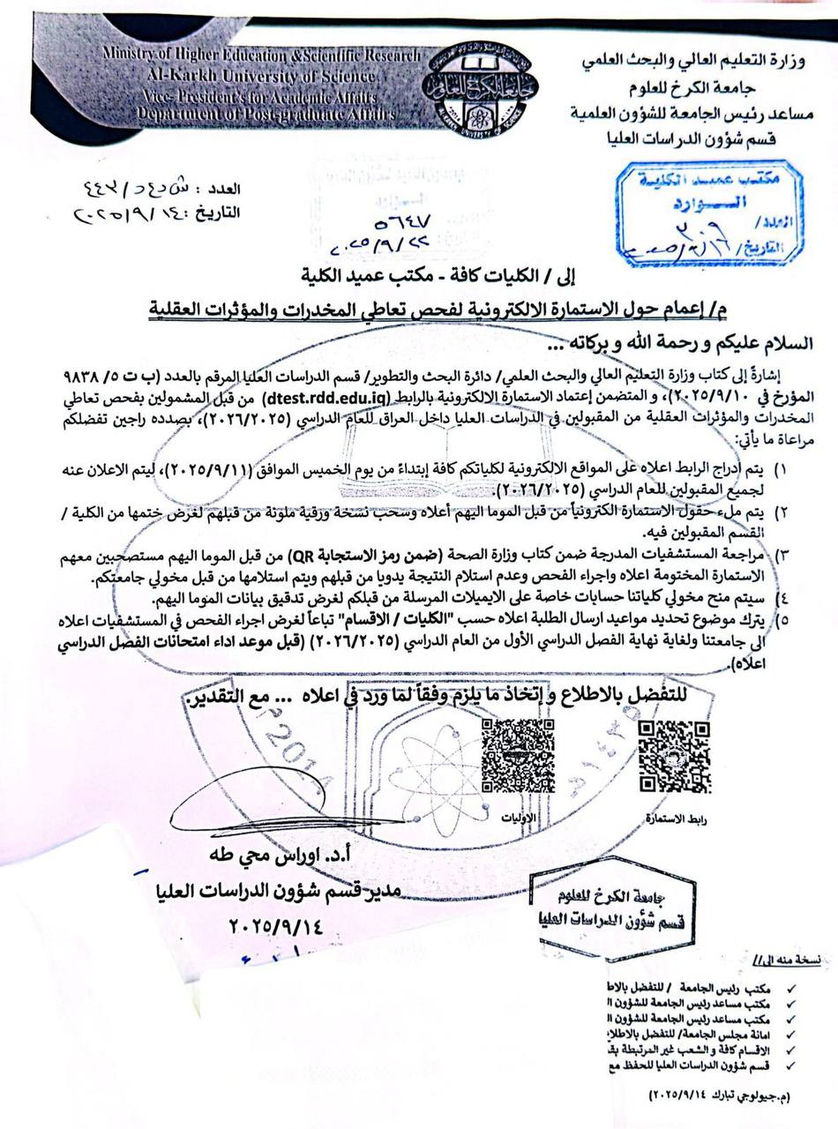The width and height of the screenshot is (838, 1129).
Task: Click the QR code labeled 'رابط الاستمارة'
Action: click(x=673, y=756)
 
